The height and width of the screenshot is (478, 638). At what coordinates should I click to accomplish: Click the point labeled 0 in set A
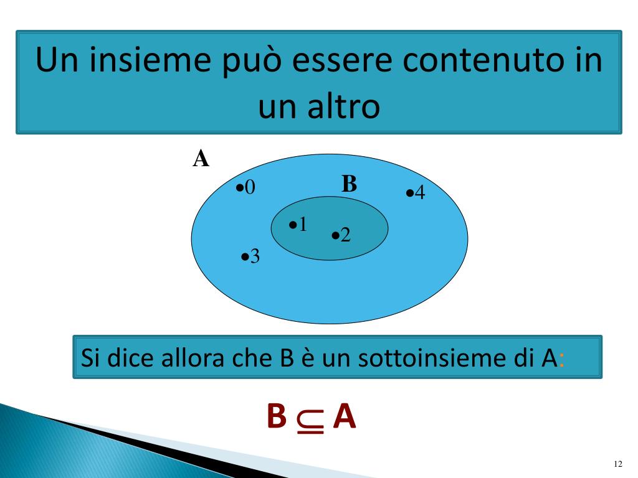pos(240,187)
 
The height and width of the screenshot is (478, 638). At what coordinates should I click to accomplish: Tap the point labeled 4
pos(410,193)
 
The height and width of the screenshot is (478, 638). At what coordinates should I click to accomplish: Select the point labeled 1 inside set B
pos(293,225)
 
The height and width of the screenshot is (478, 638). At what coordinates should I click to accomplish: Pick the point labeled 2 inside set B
pos(336,235)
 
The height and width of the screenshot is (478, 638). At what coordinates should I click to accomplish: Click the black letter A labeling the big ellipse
pos(201,159)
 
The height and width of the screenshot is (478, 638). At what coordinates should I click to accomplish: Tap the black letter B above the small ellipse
pos(349,184)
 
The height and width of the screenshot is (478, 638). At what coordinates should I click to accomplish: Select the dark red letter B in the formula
pos(276,417)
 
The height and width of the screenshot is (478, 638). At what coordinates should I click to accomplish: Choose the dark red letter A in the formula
pos(344,417)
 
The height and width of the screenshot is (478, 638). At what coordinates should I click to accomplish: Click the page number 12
pos(618,464)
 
